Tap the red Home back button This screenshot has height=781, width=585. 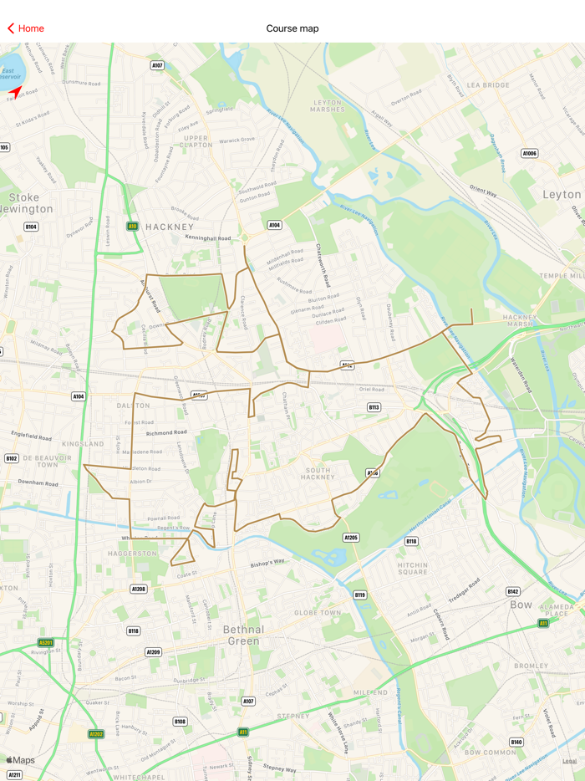[x=25, y=28]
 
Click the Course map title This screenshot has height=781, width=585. [x=292, y=28]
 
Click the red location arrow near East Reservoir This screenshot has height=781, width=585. [x=15, y=91]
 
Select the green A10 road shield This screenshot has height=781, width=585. [x=132, y=227]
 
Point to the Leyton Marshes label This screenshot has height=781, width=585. [x=328, y=106]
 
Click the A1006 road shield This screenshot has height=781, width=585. [x=529, y=154]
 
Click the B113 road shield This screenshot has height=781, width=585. [x=374, y=407]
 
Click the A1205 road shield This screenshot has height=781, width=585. [x=351, y=538]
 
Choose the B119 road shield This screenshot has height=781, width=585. [x=359, y=595]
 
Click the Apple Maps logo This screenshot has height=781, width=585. [x=21, y=760]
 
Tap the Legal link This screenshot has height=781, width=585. [x=569, y=761]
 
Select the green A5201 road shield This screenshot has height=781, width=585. [x=45, y=643]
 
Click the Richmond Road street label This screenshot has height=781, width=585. [x=166, y=433]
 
